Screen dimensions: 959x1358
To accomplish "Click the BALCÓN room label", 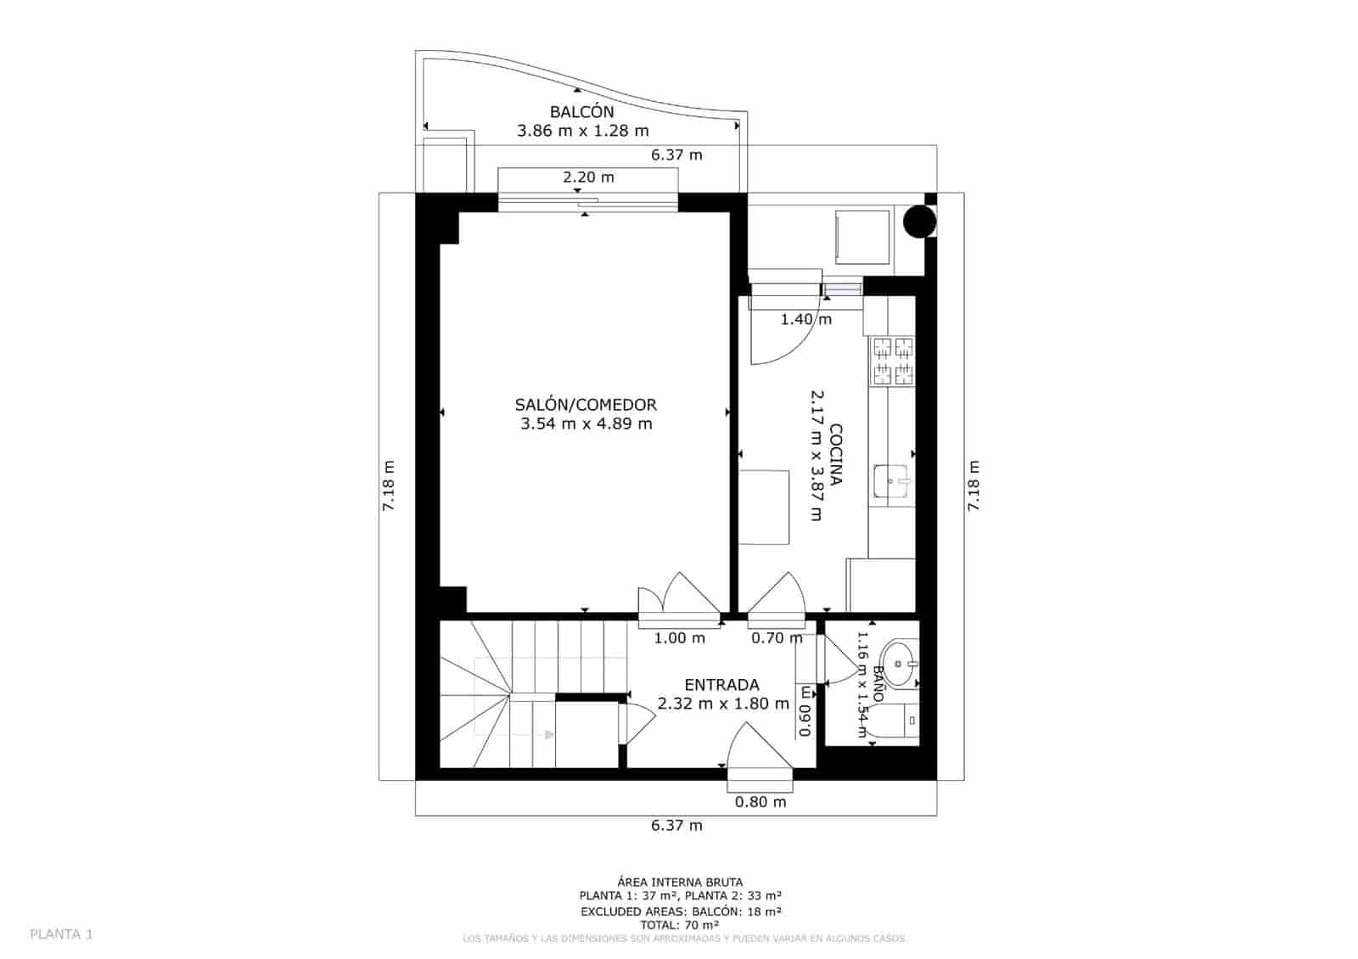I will tap(581, 112).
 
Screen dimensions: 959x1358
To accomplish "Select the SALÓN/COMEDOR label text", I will tap(586, 405).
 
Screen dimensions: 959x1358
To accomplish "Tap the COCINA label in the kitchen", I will tap(835, 454).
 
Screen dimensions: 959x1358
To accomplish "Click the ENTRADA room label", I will tap(721, 685).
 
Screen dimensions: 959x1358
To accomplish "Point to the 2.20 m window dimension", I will tap(588, 177).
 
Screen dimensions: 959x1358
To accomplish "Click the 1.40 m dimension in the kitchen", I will tap(805, 319).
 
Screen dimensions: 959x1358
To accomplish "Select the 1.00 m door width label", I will tap(679, 637).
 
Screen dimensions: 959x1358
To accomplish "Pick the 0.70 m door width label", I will tap(776, 637).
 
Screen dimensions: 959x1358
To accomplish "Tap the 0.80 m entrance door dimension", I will tap(760, 801).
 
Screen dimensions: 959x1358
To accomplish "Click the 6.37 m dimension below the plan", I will tap(676, 825).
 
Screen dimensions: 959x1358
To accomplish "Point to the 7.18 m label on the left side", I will tap(389, 485).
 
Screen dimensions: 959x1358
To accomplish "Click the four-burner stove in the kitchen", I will tap(892, 362).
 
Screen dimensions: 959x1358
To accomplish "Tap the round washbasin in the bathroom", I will tap(897, 663).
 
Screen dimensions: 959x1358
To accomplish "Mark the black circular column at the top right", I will tap(918, 222).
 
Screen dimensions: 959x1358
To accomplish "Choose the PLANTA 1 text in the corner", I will tap(61, 934).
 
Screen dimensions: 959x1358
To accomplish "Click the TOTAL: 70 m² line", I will tap(680, 925).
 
